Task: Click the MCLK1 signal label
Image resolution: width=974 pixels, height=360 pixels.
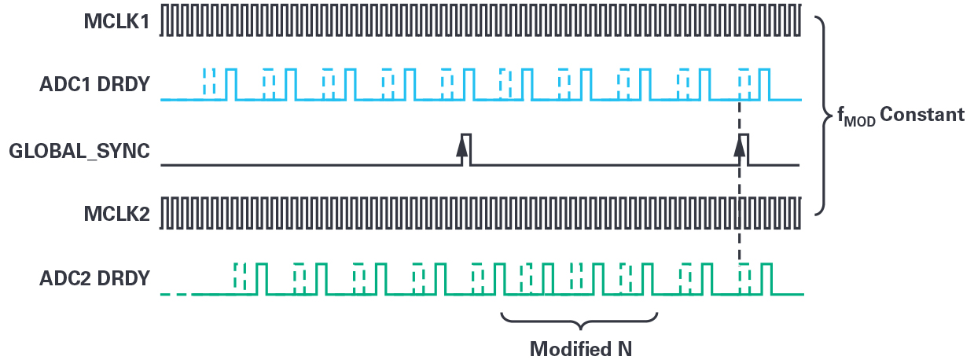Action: (116, 21)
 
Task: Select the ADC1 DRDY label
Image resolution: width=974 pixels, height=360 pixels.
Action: (95, 84)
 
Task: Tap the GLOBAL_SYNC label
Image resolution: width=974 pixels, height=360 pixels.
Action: (79, 151)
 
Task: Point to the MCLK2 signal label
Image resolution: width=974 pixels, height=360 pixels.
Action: (116, 214)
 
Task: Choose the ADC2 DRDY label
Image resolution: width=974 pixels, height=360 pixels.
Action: (95, 278)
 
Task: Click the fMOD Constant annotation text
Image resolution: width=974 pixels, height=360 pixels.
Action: (901, 116)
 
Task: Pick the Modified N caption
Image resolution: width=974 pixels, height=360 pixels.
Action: (581, 349)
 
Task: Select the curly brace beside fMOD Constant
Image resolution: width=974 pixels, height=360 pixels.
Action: (823, 116)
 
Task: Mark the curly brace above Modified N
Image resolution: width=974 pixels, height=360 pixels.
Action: (579, 321)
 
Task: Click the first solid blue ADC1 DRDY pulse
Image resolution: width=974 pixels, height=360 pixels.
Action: (231, 84)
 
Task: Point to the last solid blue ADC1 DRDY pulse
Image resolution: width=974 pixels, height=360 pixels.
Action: (765, 84)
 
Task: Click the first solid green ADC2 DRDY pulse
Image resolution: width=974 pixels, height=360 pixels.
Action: (261, 279)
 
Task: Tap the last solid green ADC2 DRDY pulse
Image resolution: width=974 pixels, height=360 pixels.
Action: (766, 279)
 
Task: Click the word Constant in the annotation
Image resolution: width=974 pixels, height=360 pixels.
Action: (922, 114)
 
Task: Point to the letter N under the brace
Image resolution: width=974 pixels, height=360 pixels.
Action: (624, 349)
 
